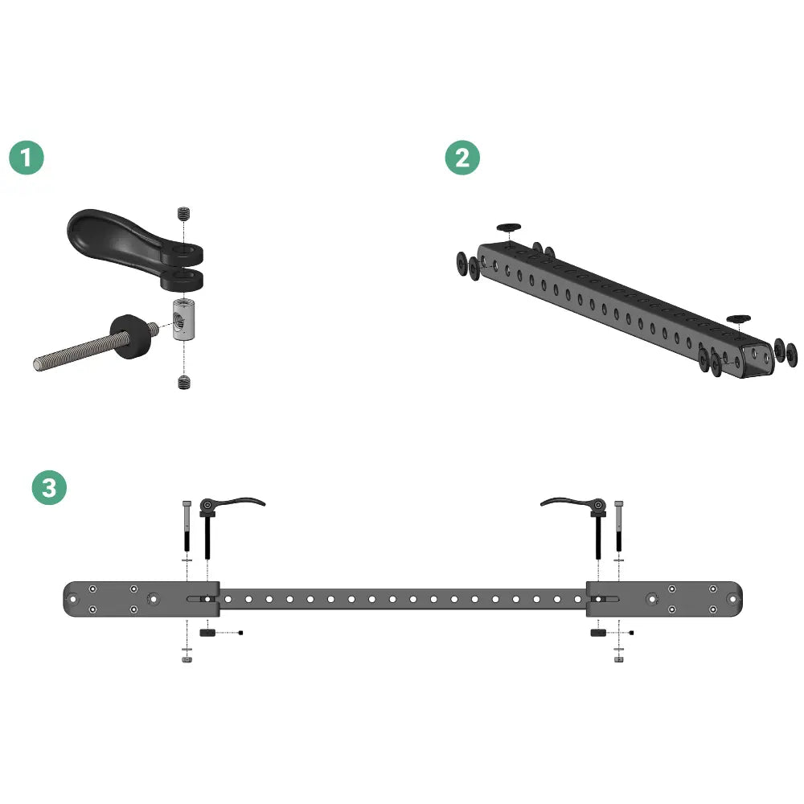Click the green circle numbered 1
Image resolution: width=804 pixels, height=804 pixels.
[27, 158]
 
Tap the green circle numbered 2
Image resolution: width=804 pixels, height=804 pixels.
[462, 158]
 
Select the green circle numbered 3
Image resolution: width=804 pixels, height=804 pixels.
[49, 487]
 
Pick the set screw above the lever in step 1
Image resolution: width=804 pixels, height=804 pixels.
[184, 213]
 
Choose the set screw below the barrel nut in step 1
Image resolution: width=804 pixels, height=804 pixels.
[184, 382]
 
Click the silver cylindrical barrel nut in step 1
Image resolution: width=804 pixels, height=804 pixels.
[183, 319]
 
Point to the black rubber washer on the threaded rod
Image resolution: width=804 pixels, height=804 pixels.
[130, 336]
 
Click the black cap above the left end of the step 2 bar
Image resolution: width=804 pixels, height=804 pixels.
[509, 228]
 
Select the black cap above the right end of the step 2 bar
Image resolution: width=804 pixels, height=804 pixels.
[738, 319]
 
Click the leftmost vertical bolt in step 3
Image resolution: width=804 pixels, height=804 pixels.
[187, 526]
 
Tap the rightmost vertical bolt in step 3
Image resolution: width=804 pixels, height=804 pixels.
[619, 526]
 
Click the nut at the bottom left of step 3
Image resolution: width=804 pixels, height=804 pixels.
[187, 659]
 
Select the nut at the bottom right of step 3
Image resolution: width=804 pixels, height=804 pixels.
[619, 659]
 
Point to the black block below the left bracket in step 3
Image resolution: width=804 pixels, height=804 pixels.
[207, 633]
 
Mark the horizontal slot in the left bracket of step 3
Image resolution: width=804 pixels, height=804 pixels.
[201, 599]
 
